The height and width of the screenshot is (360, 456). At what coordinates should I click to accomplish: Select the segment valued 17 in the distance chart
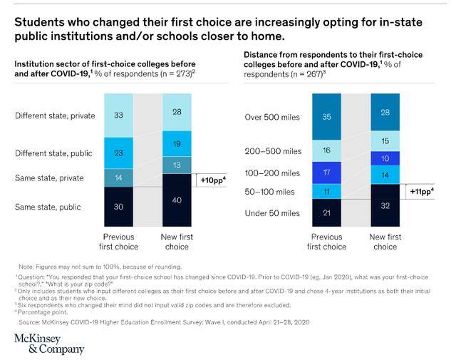pyautogui.click(x=327, y=172)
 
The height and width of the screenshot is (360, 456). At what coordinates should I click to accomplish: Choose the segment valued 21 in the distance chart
pyautogui.click(x=327, y=213)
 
